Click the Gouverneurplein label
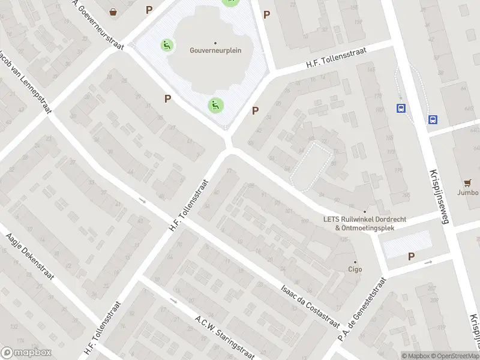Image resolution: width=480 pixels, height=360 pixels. [215, 50]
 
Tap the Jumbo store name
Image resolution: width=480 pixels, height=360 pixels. [467, 193]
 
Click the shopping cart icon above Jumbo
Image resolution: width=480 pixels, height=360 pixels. [467, 182]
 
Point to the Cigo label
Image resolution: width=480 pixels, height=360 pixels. [356, 270]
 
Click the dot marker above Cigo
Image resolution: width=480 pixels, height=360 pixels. [356, 262]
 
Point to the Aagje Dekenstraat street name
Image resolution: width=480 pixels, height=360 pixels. [30, 257]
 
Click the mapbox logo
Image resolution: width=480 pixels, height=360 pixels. [26, 353]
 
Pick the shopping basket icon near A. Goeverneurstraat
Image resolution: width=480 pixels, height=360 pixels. [113, 11]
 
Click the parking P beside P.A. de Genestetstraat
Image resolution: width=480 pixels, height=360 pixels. [411, 257]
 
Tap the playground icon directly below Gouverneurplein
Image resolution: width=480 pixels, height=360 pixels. [215, 106]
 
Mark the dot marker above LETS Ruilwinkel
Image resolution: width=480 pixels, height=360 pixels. [364, 211]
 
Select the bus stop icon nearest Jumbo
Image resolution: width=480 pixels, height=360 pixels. [433, 119]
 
